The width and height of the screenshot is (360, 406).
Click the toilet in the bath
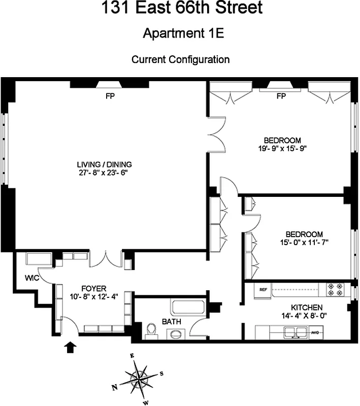point(150,330)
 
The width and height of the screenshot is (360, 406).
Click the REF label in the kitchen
point(263,289)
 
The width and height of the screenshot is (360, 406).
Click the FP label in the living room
point(109,96)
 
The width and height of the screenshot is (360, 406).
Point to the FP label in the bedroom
point(281,96)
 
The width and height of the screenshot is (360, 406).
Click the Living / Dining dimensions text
point(105,173)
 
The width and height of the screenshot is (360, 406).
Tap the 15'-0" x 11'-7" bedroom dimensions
point(304,242)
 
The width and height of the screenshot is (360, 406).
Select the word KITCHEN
point(307,308)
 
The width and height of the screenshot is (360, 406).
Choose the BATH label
point(170,321)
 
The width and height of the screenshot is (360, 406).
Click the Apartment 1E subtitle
point(180,33)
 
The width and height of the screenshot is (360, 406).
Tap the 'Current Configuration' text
point(180,59)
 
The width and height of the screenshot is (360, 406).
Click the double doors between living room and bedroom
point(216,140)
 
